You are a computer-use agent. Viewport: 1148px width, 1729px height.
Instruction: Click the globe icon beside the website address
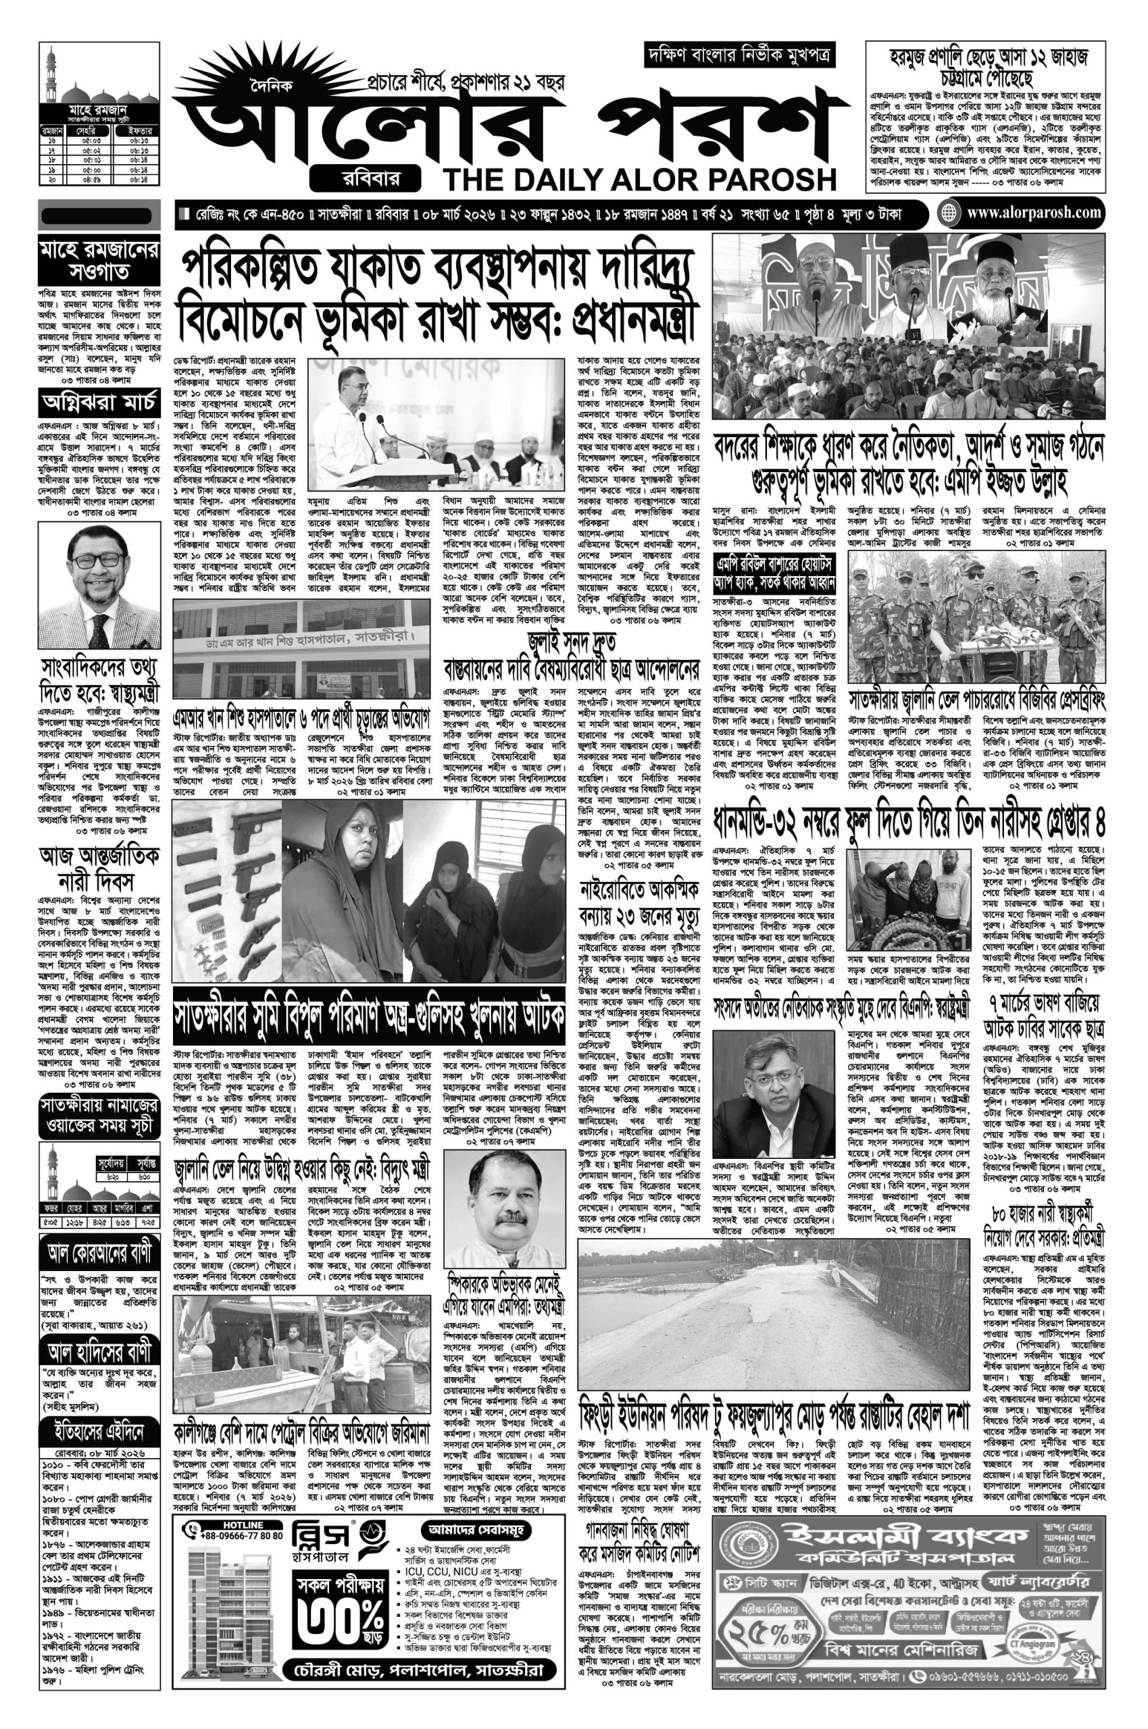(x=950, y=213)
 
